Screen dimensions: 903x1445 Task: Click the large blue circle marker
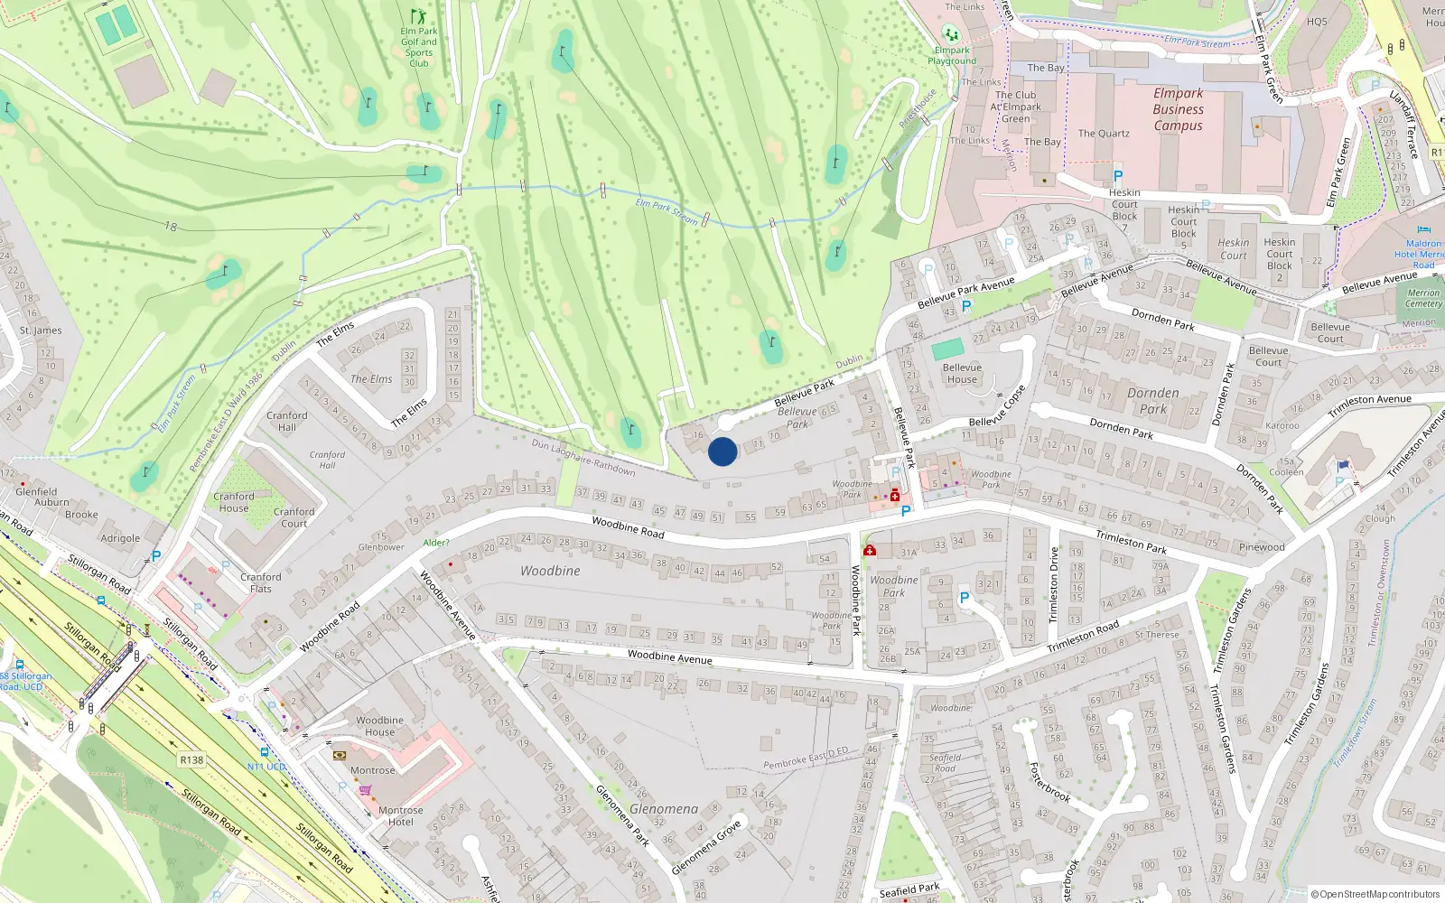click(722, 451)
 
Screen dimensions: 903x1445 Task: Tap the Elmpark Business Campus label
click(1178, 109)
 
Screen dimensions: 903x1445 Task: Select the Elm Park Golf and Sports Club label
click(418, 42)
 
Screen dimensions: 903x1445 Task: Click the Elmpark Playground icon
click(951, 34)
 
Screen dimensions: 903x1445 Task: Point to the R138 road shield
click(191, 759)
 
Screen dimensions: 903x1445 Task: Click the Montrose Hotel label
click(400, 816)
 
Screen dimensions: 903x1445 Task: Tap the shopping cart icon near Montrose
click(366, 790)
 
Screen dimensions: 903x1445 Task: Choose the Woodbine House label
click(379, 726)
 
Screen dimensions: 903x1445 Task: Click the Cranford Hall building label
click(287, 421)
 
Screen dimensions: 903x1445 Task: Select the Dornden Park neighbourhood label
click(1153, 400)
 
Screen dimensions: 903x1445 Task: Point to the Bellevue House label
click(962, 373)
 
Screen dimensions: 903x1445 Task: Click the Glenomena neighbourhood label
click(664, 809)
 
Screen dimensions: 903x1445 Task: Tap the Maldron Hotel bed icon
click(1424, 230)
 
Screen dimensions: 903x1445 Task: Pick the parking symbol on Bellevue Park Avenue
click(966, 306)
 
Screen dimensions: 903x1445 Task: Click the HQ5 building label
click(1317, 22)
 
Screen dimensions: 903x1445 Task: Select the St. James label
click(41, 330)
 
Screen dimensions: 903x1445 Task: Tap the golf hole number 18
click(171, 226)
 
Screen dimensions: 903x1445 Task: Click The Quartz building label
click(1104, 134)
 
